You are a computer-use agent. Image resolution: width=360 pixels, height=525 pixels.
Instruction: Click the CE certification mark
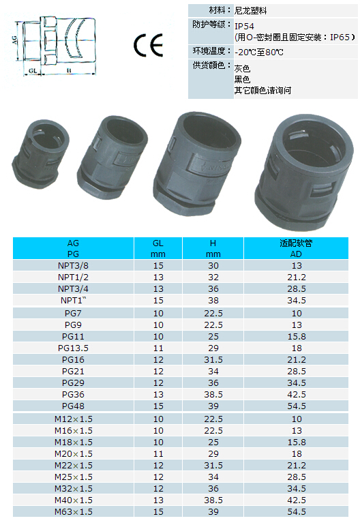pos(148,45)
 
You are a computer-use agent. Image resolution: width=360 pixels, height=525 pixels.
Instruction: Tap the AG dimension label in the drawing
pos(14,40)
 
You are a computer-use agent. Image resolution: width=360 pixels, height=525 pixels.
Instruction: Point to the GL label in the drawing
pos(33,71)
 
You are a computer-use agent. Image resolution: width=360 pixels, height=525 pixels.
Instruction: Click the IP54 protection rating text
pos(244,26)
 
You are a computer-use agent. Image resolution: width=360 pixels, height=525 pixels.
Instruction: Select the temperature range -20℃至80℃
pos(259,52)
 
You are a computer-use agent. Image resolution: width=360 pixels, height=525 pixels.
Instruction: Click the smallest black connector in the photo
pos(40,153)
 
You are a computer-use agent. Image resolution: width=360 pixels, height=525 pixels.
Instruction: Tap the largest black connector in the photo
pos(304,172)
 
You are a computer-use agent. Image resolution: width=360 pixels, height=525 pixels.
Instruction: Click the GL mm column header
pos(158,248)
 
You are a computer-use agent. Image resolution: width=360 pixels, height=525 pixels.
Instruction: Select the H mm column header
pos(213,248)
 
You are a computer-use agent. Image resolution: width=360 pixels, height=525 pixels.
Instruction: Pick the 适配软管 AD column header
pos(296,248)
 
